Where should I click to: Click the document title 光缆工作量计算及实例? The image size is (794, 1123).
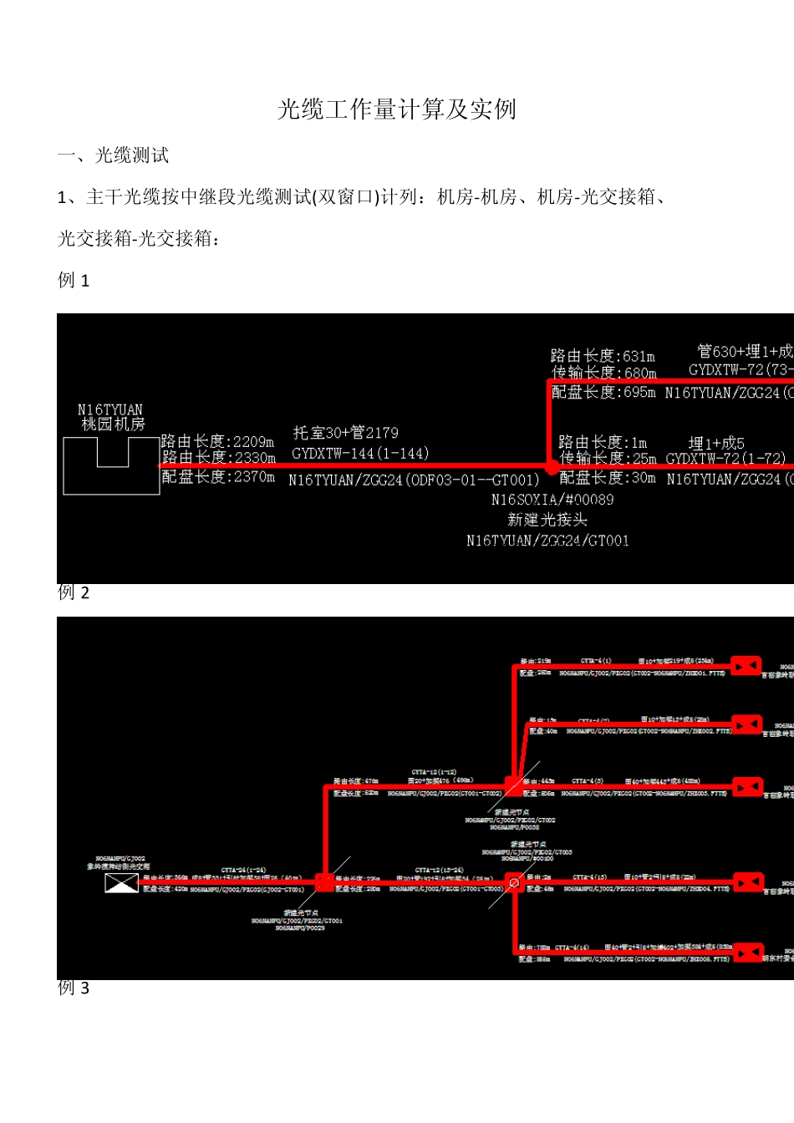397,109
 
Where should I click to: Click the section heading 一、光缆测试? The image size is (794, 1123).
113,155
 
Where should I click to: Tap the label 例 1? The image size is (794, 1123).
74,281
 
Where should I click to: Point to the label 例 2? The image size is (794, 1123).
74,593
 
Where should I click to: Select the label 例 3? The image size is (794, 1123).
74,988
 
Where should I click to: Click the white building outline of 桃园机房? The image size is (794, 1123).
112,465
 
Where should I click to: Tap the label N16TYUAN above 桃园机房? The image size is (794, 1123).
109,409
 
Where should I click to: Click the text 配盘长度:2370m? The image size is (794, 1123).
218,477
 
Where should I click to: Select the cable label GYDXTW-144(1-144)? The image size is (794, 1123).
360,454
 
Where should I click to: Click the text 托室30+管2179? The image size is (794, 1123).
346,433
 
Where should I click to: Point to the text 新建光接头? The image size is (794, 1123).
547,520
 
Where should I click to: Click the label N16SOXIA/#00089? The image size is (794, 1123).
552,500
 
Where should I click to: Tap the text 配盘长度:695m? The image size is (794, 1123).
603,392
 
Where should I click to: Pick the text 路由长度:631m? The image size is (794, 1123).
603,356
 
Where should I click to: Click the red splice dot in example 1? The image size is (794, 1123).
551,467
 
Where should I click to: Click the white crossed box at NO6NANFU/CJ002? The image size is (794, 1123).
121,882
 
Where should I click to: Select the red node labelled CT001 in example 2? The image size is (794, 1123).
325,882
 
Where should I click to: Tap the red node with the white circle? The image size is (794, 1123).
514,882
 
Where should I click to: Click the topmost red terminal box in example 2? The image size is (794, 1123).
746,665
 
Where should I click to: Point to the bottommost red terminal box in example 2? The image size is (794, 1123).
748,952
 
